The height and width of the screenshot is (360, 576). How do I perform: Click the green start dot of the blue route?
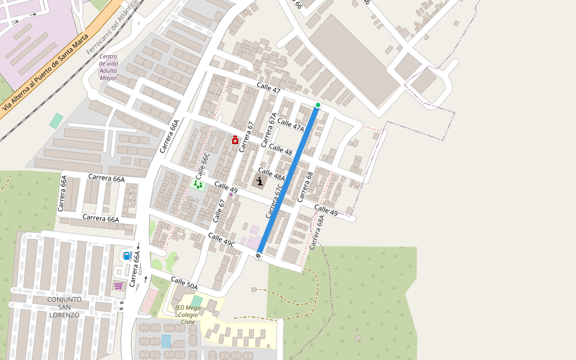(318, 106)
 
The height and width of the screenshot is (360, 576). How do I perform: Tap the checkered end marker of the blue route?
(258, 256)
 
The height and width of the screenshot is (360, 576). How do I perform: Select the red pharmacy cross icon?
(235, 140)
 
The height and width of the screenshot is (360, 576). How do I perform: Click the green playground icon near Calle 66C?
(197, 185)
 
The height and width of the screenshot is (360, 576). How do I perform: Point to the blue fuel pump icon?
(127, 256)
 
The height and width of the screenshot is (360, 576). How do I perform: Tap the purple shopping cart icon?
(118, 285)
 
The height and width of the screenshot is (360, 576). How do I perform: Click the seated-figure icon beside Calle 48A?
(260, 182)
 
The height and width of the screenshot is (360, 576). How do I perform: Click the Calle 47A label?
(290, 125)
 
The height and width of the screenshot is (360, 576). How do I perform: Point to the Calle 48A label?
(271, 174)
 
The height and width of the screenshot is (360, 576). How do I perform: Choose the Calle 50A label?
(184, 283)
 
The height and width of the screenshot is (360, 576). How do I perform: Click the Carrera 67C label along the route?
(274, 201)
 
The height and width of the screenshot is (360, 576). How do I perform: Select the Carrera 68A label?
(316, 233)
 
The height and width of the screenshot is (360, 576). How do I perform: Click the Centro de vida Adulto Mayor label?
(109, 67)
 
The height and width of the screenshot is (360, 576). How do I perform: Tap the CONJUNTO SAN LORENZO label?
(65, 307)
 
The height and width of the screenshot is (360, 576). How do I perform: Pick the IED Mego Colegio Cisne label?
(188, 314)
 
